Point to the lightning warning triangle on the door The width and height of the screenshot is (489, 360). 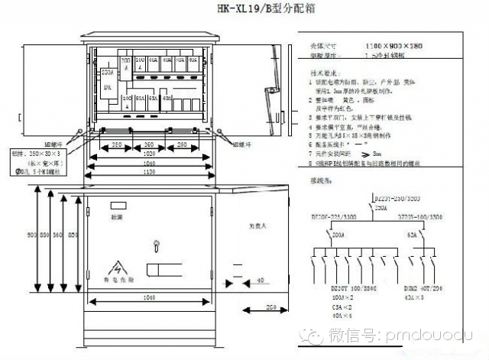pyautogui.click(x=118, y=268)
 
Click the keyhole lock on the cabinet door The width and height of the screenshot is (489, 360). pyautogui.click(x=156, y=245)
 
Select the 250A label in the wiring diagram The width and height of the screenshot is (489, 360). pyautogui.click(x=381, y=206)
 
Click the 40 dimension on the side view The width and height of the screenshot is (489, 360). pyautogui.click(x=262, y=281)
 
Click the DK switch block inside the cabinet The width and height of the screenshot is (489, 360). pyautogui.click(x=107, y=87)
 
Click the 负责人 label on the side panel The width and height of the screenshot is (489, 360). pyautogui.click(x=258, y=226)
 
